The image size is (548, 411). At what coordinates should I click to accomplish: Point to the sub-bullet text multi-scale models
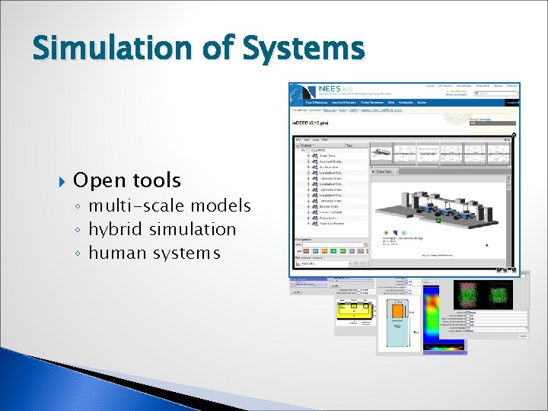coord(169,205)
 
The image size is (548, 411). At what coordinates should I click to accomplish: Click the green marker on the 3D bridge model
coord(438,221)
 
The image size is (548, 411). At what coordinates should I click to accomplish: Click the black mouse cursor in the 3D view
coord(488,245)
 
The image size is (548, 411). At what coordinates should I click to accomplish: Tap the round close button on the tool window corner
coord(514,135)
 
